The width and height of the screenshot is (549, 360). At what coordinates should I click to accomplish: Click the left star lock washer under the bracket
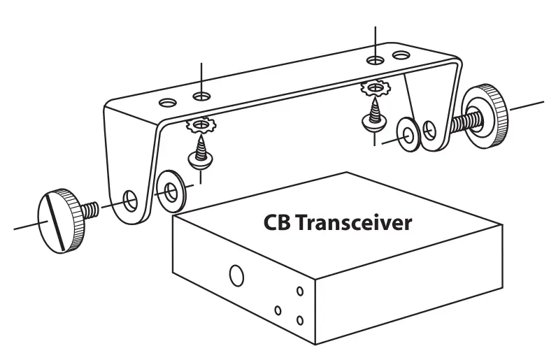click(x=202, y=126)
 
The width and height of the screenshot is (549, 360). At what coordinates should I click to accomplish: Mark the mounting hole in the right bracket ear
click(x=431, y=129)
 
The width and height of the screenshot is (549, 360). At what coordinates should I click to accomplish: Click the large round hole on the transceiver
click(x=236, y=275)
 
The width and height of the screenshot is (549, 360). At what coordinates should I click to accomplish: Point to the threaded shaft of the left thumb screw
click(x=92, y=209)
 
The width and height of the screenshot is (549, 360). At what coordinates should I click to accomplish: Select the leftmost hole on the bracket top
click(x=166, y=103)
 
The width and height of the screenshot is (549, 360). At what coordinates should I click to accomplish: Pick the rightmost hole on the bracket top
click(x=401, y=54)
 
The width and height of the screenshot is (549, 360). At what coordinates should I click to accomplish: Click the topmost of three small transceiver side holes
click(x=299, y=289)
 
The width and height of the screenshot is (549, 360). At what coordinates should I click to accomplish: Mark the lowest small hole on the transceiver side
click(x=299, y=319)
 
